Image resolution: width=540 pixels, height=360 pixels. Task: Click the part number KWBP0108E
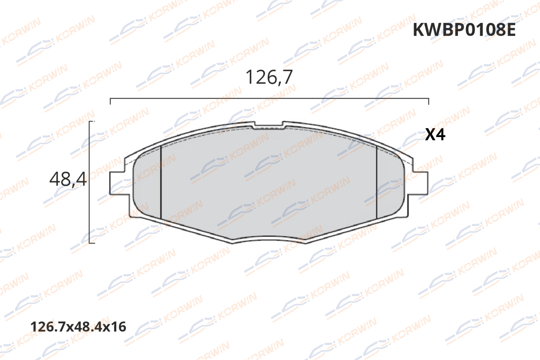click(464, 30)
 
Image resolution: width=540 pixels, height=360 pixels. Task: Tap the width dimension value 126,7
click(269, 77)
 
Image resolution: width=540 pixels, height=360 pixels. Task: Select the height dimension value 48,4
click(68, 179)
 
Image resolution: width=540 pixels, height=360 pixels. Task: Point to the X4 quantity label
click(435, 134)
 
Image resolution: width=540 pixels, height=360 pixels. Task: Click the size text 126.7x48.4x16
click(78, 327)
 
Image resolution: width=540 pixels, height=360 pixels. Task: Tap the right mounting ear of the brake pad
click(421, 183)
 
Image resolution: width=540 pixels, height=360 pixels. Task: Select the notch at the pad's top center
click(269, 125)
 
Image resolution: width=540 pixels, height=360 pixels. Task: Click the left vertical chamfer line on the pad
click(161, 182)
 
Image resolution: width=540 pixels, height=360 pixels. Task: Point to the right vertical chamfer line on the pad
click(377, 182)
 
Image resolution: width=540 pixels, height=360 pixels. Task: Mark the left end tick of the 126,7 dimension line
click(110, 101)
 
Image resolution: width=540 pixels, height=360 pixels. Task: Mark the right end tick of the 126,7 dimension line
click(429, 101)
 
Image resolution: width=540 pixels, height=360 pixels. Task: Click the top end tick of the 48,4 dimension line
click(92, 122)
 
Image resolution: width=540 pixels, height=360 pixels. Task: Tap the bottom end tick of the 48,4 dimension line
click(92, 243)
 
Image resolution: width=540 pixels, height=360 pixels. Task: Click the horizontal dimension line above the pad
click(269, 98)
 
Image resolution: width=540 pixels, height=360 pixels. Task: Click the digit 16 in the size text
click(118, 327)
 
